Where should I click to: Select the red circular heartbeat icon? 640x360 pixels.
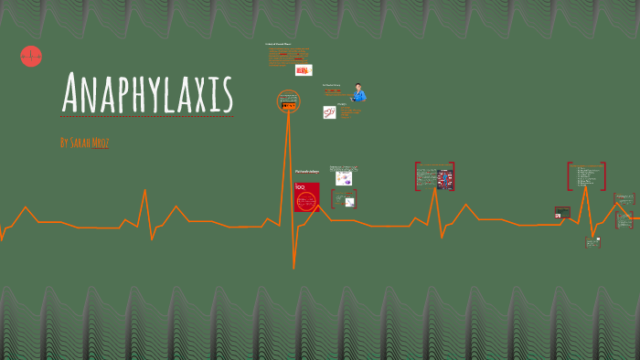coord(31,56)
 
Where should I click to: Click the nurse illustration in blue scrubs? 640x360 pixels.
coord(359,92)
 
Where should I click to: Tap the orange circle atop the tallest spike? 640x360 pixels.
coord(289,101)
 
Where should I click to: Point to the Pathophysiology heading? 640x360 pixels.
coord(305,172)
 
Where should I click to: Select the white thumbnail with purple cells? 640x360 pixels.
coord(343,178)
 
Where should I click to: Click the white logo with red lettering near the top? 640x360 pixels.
coord(303,70)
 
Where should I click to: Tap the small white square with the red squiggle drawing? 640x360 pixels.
coord(329,112)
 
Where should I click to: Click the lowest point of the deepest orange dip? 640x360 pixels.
coord(293,268)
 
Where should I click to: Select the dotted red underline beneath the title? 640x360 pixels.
coord(146,117)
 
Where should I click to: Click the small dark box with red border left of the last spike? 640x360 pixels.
coord(562,212)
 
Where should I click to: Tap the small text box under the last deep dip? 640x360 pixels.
coord(592,242)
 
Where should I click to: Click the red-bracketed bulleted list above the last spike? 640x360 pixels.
coord(586,176)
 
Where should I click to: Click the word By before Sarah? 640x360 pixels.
coord(63,143)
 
